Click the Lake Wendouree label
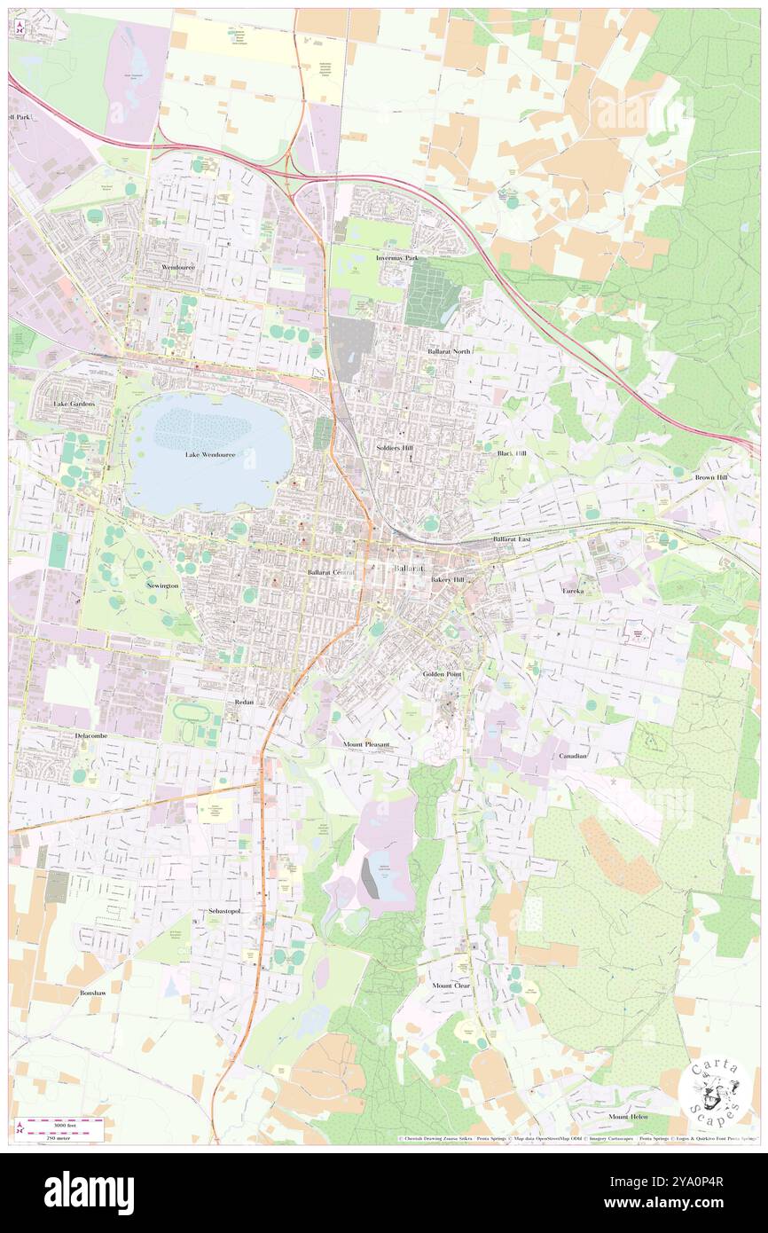(x=209, y=455)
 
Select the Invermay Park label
(x=396, y=258)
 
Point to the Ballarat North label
(x=450, y=352)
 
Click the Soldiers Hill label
(x=395, y=449)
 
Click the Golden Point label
(x=443, y=675)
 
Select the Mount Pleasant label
(x=366, y=744)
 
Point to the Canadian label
(x=573, y=756)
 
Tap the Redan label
(x=245, y=702)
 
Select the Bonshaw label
(x=93, y=993)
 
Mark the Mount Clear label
(x=451, y=986)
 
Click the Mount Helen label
(x=628, y=1116)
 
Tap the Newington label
(x=162, y=586)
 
